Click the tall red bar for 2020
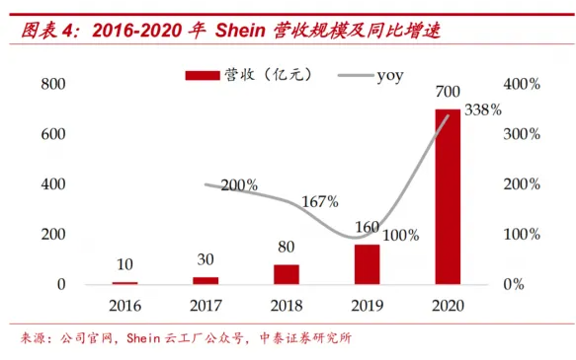click(x=448, y=197)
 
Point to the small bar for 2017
click(x=205, y=280)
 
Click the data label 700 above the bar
click(x=448, y=94)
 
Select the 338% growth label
click(x=483, y=109)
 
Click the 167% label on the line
click(x=319, y=201)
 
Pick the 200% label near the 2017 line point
click(x=239, y=184)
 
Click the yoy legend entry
click(x=389, y=76)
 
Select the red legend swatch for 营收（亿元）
click(x=203, y=76)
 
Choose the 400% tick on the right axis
click(x=521, y=84)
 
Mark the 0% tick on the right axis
click(x=521, y=284)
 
